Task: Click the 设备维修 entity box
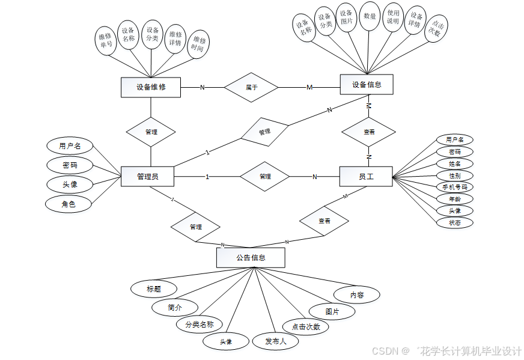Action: click(151, 87)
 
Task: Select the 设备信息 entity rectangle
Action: click(367, 85)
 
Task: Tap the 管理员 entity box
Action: click(147, 176)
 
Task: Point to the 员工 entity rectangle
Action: click(366, 176)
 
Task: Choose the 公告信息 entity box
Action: click(251, 258)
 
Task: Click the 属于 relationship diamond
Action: click(251, 87)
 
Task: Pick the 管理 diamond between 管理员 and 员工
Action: click(265, 176)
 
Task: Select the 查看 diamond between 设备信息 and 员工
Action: click(368, 132)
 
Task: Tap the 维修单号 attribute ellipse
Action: click(106, 40)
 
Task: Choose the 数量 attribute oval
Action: click(370, 17)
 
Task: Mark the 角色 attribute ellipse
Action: click(68, 204)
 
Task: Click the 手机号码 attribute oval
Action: click(454, 187)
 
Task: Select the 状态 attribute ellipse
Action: click(454, 222)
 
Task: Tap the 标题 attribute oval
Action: click(154, 288)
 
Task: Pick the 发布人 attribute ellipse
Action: click(276, 341)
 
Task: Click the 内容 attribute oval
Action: click(357, 295)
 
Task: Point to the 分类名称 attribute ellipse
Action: click(199, 325)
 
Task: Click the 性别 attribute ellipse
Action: click(454, 175)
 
